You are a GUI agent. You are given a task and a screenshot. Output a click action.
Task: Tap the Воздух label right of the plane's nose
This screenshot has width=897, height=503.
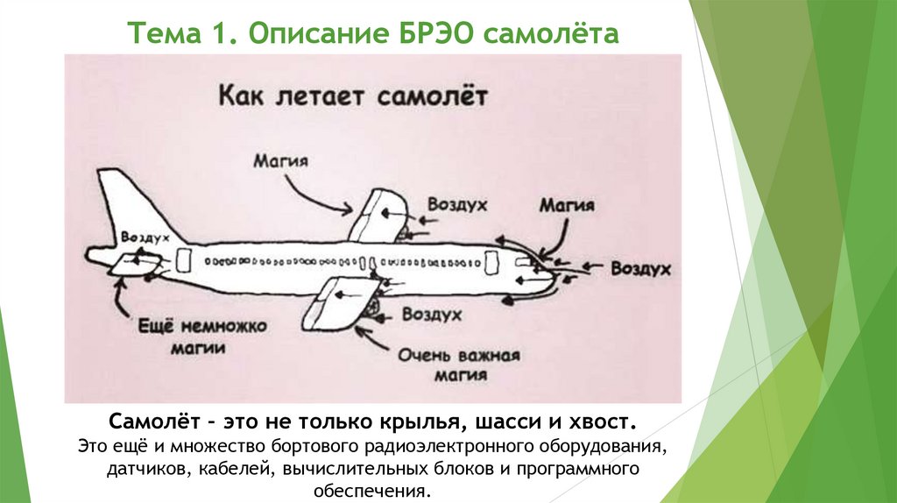[640, 269]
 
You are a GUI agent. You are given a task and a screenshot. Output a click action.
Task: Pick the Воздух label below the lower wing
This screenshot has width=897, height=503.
[432, 313]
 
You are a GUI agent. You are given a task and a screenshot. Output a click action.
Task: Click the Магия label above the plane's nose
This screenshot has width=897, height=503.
[567, 206]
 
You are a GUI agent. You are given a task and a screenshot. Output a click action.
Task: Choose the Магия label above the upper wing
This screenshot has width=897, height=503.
[281, 161]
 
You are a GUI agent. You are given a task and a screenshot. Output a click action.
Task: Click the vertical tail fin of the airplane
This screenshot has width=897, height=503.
[123, 206]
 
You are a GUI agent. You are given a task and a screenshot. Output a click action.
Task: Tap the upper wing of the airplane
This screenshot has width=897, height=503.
[377, 214]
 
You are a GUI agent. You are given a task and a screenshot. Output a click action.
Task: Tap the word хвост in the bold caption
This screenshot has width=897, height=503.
[598, 422]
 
